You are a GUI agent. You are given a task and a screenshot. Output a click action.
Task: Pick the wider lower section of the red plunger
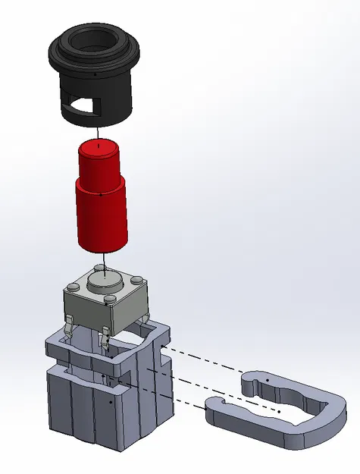click(x=100, y=216)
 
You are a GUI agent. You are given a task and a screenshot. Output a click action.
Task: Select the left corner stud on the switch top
click(x=72, y=286)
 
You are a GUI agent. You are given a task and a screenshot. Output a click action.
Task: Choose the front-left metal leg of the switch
click(x=69, y=330)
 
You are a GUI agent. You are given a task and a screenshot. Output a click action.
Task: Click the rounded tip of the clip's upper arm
click(x=250, y=382)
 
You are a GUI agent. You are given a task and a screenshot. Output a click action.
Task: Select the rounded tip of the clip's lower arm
click(x=215, y=410)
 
